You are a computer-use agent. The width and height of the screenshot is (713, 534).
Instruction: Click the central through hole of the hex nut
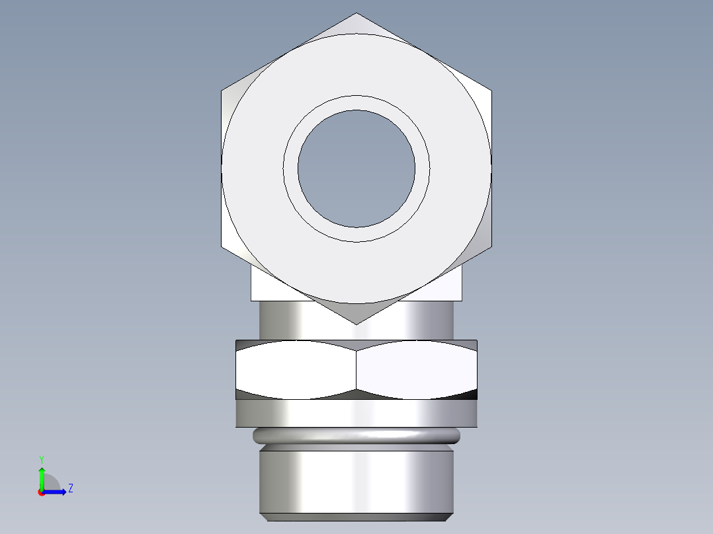tap(356, 169)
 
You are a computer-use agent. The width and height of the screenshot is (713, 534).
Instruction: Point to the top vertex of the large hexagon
tap(356, 14)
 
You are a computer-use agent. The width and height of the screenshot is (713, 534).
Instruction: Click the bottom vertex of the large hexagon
tap(356, 323)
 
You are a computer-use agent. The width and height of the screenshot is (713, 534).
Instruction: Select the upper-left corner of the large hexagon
tap(222, 91)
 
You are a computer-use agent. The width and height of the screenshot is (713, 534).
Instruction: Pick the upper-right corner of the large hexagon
tap(491, 91)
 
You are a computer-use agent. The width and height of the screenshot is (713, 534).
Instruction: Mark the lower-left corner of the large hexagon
tap(222, 247)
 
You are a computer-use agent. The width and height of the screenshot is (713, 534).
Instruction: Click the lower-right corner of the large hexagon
tap(491, 247)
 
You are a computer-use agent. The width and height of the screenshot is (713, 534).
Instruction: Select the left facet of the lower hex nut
tap(296, 370)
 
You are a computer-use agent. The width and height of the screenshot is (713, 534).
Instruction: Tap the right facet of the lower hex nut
tap(417, 370)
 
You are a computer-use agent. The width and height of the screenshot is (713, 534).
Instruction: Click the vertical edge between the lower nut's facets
tap(356, 370)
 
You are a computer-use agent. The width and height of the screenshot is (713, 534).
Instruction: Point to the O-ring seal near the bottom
tap(356, 435)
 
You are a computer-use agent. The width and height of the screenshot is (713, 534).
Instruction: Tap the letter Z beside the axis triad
tap(70, 488)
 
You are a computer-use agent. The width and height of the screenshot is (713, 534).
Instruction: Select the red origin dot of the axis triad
tap(41, 492)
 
